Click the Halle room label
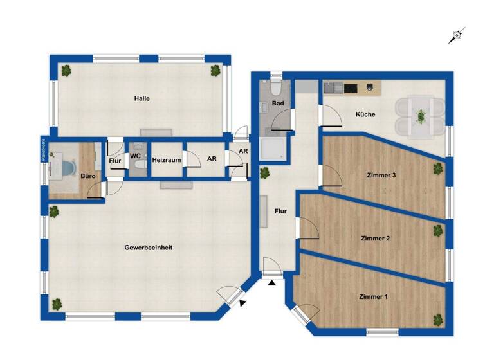click(142, 98)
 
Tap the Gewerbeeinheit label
click(148, 247)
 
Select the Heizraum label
click(166, 159)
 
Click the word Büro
click(87, 175)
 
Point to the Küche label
click(365, 114)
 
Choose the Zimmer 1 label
click(373, 296)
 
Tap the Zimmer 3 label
click(381, 175)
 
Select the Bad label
click(278, 103)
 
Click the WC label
click(135, 156)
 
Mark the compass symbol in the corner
click(457, 36)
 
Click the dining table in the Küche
click(420, 116)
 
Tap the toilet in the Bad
click(276, 85)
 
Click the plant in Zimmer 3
click(438, 168)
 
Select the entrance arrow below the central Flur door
click(272, 282)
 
